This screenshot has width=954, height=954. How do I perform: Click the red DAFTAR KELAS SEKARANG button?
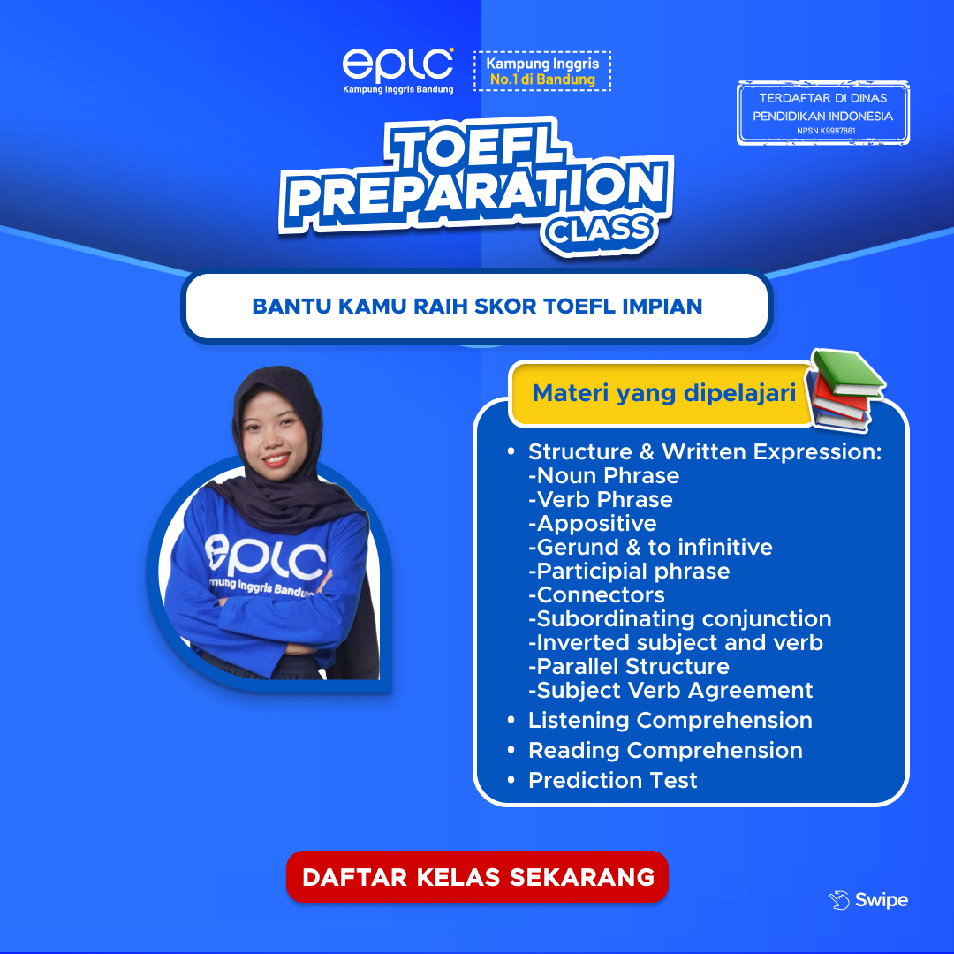pyautogui.click(x=477, y=877)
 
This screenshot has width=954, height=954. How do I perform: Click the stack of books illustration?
pyautogui.click(x=847, y=389)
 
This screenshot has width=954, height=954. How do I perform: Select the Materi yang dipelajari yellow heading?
pyautogui.click(x=663, y=392)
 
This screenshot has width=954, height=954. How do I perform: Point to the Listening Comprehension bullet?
pyautogui.click(x=670, y=720)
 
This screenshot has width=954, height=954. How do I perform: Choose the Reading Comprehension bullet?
pyautogui.click(x=664, y=750)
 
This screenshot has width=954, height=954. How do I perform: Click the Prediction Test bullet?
pyautogui.click(x=612, y=780)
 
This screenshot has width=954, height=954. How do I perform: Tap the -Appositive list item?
pyautogui.click(x=592, y=523)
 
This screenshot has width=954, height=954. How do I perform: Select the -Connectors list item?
pyautogui.click(x=596, y=594)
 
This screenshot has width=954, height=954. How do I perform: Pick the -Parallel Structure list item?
pyautogui.click(x=629, y=666)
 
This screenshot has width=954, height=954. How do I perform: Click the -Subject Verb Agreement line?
pyautogui.click(x=670, y=690)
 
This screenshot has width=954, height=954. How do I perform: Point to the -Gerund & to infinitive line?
pyautogui.click(x=650, y=547)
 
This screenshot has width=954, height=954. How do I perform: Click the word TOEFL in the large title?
pyautogui.click(x=477, y=150)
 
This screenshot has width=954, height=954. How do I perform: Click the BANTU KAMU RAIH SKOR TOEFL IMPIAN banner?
pyautogui.click(x=477, y=307)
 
